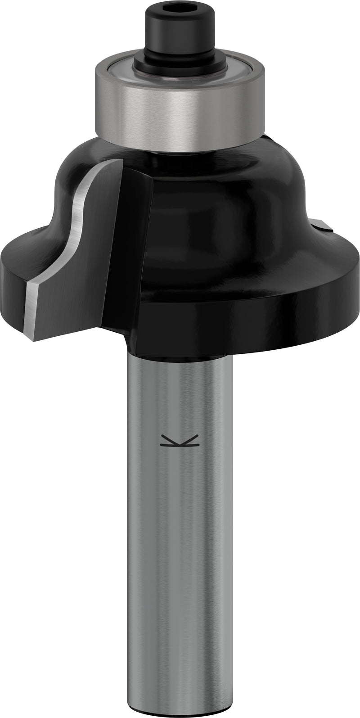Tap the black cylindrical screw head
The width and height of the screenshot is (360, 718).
[180, 27]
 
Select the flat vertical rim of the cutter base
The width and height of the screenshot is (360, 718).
[252, 324]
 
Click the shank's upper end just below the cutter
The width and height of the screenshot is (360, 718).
[180, 369]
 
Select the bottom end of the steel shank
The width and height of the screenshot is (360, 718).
[180, 707]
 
